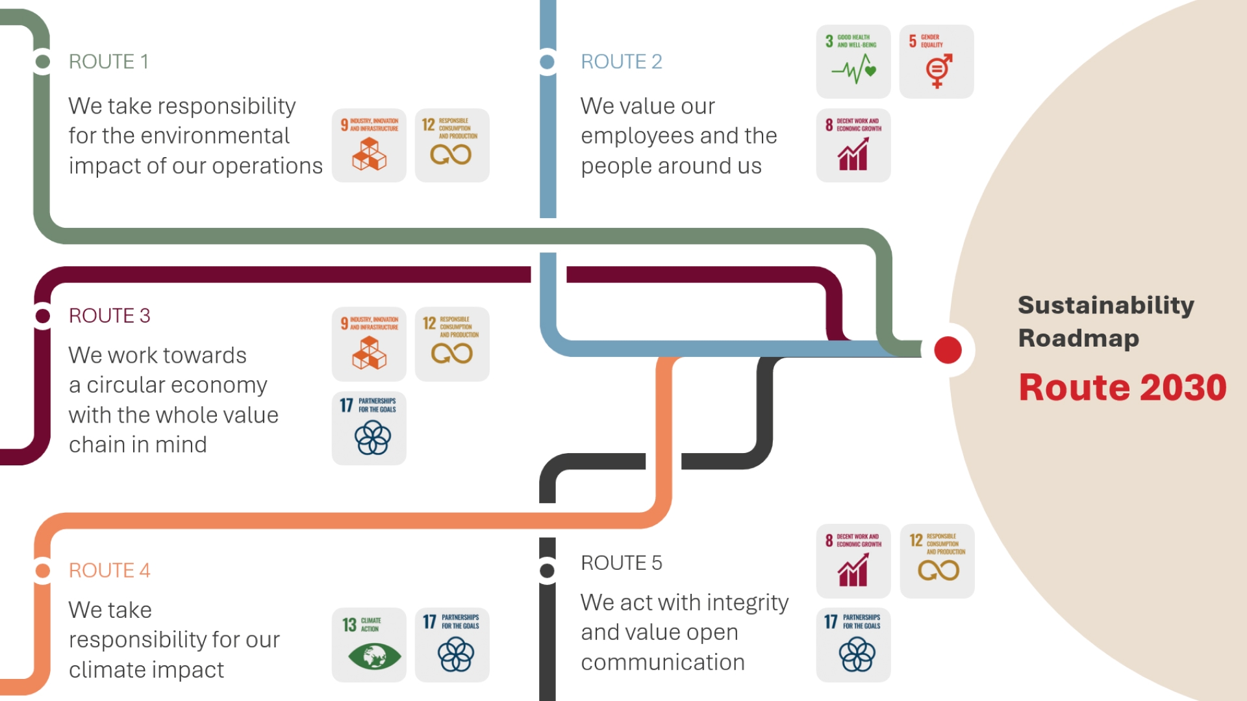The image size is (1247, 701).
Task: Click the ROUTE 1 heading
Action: coord(108,62)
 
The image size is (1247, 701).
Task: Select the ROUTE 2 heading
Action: coord(621,62)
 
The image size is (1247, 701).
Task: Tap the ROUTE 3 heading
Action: coord(109,315)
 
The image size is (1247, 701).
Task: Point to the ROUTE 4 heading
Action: coord(109,571)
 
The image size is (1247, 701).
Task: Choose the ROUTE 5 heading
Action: coord(621,563)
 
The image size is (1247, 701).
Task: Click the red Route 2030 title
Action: coord(1122,387)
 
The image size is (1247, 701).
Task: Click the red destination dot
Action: coord(948,350)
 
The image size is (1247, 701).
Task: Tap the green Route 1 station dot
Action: coord(43,62)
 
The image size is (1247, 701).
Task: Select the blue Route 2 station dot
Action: coord(548,62)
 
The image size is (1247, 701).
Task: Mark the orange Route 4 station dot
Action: coord(43,571)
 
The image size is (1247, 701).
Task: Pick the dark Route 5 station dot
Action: coord(548,571)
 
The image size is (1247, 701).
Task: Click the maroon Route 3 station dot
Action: coord(43,315)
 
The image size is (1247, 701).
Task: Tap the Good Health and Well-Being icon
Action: coord(853,62)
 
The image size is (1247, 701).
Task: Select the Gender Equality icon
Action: coord(937,62)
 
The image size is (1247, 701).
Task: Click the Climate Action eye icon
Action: coord(369,645)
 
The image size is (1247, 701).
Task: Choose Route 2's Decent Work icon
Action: coord(853,145)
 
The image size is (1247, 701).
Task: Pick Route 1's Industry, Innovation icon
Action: coord(369,145)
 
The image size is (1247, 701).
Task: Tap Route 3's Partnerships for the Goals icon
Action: coord(369,428)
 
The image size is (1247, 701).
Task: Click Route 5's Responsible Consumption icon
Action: coord(937,561)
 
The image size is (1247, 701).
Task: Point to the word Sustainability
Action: coord(1105,305)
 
